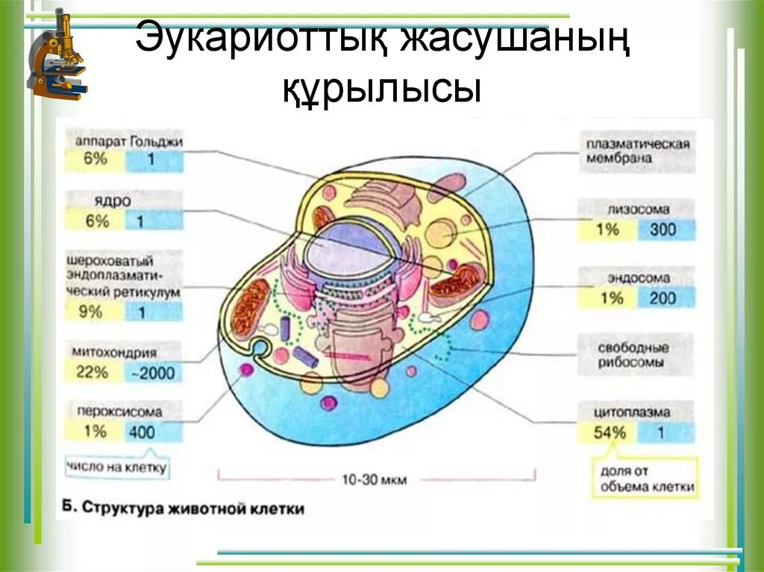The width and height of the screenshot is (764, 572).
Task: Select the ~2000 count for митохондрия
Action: point(154,372)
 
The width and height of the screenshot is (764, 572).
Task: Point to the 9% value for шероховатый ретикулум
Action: point(92,311)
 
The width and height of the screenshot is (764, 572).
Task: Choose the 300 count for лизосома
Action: point(661,230)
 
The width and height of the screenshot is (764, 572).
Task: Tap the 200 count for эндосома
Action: point(661,298)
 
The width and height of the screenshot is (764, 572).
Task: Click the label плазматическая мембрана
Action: point(637,151)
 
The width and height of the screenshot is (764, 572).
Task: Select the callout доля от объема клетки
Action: point(647,480)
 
